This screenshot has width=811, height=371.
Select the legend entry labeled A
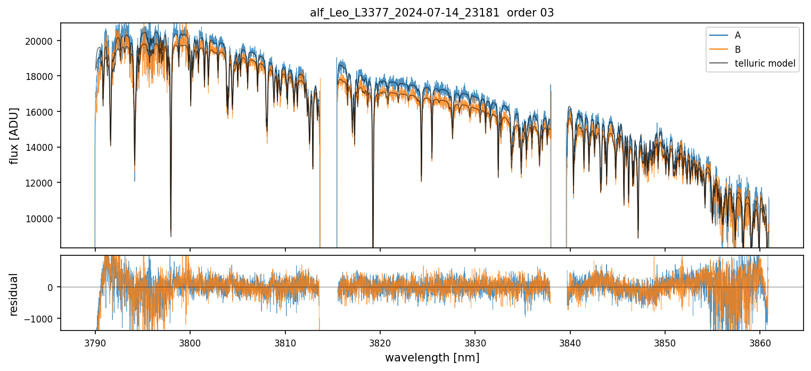point(738,35)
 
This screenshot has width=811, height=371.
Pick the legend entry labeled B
point(738,50)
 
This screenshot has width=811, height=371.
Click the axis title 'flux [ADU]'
point(14,135)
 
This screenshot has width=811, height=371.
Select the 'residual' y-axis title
point(14,294)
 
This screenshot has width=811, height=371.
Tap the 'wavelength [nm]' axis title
point(432,357)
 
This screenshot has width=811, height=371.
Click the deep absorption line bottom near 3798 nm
point(171,236)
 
